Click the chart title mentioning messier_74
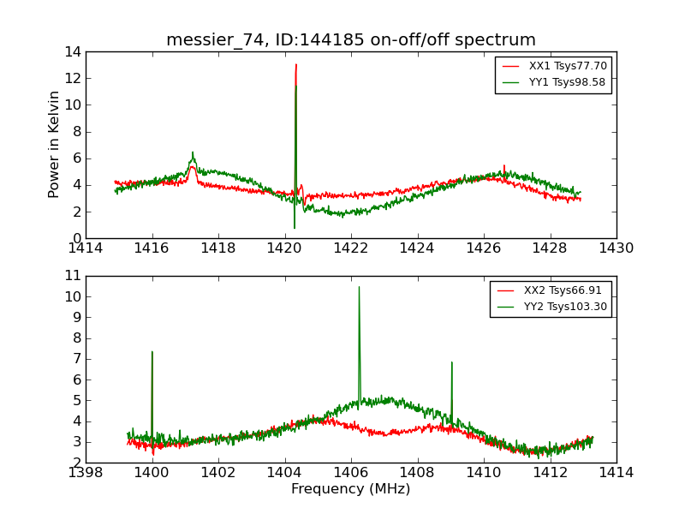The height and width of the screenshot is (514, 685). (351, 39)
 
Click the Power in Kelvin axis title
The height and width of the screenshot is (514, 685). (54, 144)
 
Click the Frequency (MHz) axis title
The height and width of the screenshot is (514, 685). (351, 489)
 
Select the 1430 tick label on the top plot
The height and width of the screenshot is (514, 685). (616, 248)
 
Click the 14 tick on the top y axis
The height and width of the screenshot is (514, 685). (72, 51)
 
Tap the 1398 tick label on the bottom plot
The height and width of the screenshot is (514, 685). (86, 473)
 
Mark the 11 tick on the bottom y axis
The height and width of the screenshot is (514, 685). (73, 276)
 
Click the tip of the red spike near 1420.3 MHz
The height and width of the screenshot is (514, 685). (296, 64)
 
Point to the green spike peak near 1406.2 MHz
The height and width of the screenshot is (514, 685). (359, 287)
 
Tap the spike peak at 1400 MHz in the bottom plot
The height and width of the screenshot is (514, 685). (152, 351)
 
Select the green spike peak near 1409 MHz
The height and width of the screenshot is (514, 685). (451, 362)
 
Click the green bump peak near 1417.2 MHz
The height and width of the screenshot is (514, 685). (193, 152)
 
